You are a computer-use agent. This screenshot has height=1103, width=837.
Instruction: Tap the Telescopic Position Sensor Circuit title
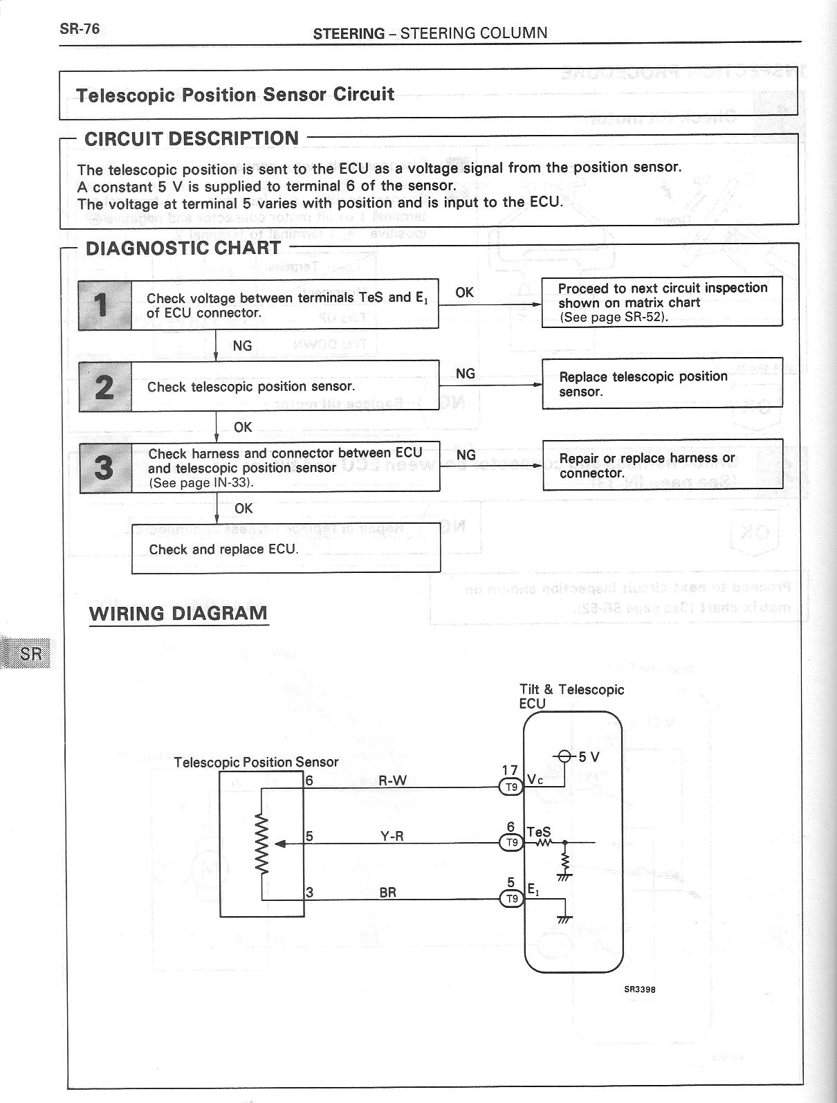[x=234, y=94]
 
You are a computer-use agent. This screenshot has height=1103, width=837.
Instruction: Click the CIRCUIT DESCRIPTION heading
[x=192, y=138]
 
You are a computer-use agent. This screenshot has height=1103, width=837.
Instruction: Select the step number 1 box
[x=104, y=305]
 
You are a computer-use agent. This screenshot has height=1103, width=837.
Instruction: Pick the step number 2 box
[x=104, y=386]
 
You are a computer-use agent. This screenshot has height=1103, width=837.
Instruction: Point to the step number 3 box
[x=105, y=467]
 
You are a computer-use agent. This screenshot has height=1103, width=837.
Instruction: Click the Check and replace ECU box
[x=286, y=548]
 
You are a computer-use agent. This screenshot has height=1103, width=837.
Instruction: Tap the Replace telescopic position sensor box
[x=662, y=383]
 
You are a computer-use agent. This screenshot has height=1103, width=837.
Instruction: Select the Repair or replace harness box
[x=662, y=464]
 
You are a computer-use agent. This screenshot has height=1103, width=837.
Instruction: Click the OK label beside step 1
[x=465, y=292]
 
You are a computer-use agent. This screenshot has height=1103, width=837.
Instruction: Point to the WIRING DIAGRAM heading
[x=178, y=613]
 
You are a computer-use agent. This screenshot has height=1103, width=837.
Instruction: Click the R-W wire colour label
[x=392, y=781]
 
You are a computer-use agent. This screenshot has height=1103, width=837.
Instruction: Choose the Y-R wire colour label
[x=392, y=836]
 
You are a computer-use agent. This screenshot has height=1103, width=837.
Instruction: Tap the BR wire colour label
[x=388, y=893]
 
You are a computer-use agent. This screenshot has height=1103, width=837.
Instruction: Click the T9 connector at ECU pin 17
[x=512, y=787]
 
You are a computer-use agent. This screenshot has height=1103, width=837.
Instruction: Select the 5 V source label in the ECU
[x=589, y=756]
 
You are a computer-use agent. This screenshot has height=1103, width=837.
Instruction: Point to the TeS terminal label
[x=538, y=832]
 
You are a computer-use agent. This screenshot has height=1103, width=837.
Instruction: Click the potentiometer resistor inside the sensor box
[x=262, y=843]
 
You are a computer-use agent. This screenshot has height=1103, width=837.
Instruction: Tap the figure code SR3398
[x=640, y=989]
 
